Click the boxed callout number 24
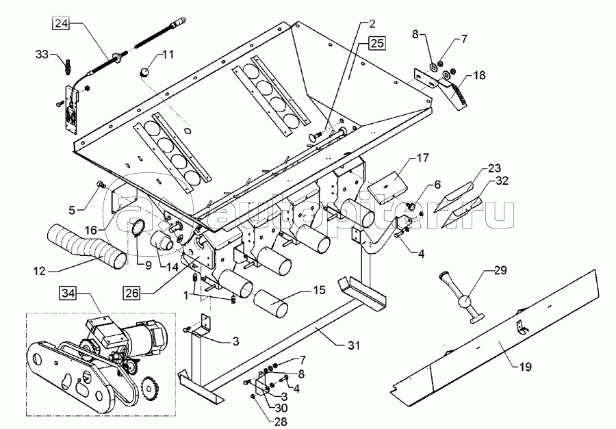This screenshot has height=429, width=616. click(61, 24)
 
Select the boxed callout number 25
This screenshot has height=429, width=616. click(376, 43)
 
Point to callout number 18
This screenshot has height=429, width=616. click(479, 76)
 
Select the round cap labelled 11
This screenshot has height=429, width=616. click(146, 71)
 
